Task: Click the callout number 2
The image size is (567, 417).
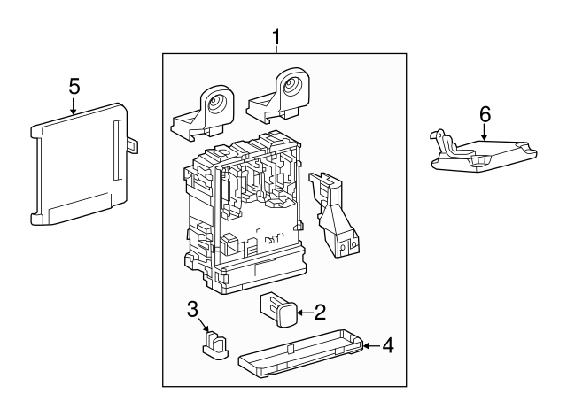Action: click(x=320, y=311)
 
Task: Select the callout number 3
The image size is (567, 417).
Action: click(x=192, y=309)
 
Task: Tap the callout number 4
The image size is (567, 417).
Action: click(x=386, y=344)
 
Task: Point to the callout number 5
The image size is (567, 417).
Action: click(x=74, y=86)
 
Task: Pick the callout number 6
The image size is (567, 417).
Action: click(x=485, y=114)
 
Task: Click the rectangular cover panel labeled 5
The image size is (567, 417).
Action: click(x=80, y=164)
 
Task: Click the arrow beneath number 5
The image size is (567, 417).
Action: click(x=74, y=109)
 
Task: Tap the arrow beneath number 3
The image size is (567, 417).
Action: click(x=205, y=328)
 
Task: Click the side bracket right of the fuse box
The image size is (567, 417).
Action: click(x=334, y=217)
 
